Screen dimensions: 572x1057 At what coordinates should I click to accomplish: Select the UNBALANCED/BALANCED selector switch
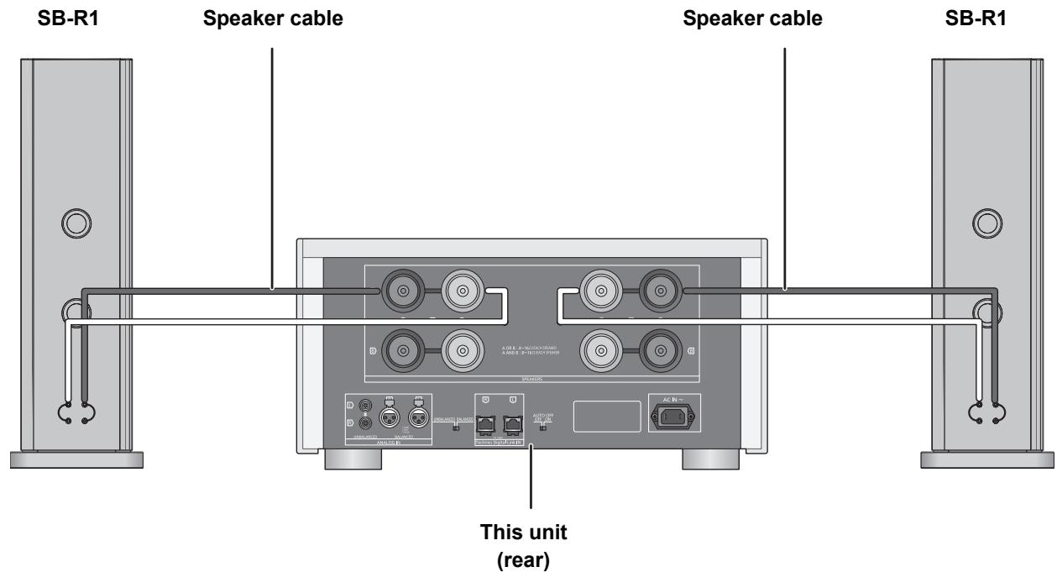[x=457, y=428]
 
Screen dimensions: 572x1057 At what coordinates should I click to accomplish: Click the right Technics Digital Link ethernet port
[x=512, y=421]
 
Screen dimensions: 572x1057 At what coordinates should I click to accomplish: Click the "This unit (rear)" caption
[x=531, y=543]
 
